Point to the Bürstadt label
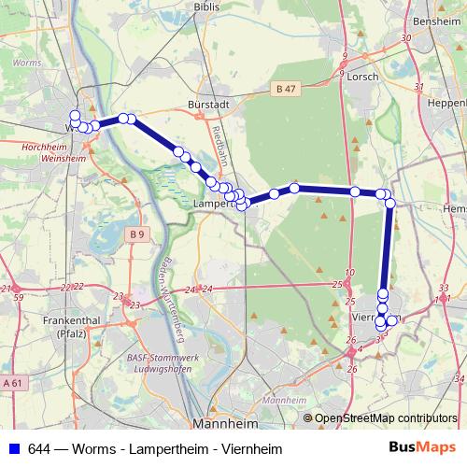point(207,105)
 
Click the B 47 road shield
point(286,88)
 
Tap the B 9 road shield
point(137,233)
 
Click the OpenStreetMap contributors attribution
point(386,418)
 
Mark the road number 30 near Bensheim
point(405,37)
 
